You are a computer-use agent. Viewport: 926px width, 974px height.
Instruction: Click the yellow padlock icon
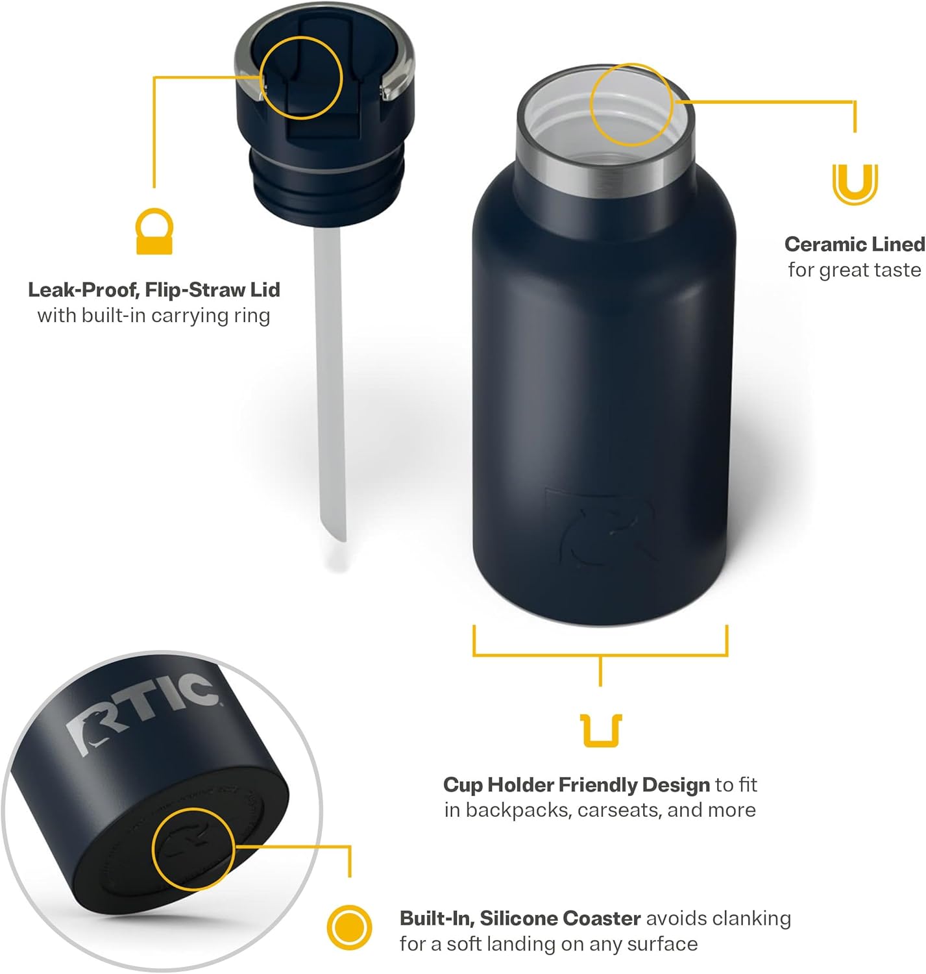[154, 232]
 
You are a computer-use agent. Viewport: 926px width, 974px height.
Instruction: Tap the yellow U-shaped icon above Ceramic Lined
[855, 184]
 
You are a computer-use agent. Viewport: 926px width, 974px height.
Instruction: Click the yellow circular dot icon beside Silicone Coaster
[349, 927]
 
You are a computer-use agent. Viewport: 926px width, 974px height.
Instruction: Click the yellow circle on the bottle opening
[631, 104]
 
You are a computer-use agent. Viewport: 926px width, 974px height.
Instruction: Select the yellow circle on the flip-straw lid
[301, 78]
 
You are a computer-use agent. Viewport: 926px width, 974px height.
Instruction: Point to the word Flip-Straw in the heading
[195, 290]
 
